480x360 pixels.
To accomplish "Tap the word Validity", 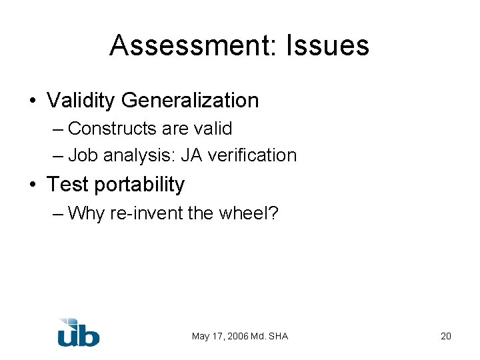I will tap(81, 101).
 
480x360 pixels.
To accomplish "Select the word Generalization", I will tap(190, 101).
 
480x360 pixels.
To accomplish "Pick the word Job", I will tap(80, 155).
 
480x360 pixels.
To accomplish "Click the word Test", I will tap(67, 185).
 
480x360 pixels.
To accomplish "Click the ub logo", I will tap(78, 332).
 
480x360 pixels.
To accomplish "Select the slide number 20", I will tap(446, 336).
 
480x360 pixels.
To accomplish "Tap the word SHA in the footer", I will tap(277, 336).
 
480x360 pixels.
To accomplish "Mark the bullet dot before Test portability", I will tap(33, 185).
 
